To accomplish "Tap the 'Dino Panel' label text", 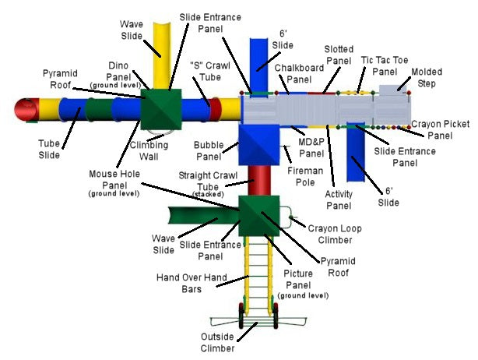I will pyautogui.click(x=119, y=72).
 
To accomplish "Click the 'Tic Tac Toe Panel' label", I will pyautogui.click(x=384, y=65).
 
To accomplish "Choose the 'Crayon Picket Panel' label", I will pyautogui.click(x=441, y=129).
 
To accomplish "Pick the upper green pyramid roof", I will pyautogui.click(x=163, y=108).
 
